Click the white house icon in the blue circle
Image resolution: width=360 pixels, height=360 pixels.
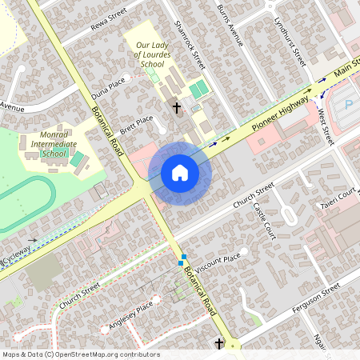[180, 173]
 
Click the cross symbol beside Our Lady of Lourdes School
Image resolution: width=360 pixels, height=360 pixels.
[177, 106]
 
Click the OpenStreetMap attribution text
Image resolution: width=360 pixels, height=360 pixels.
[81, 354]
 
